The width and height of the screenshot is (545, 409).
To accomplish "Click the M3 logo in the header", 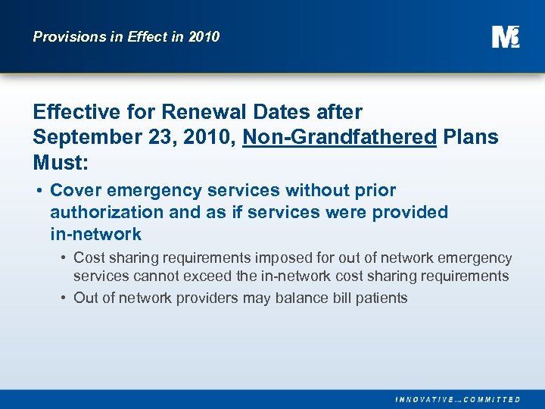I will tap(505, 36).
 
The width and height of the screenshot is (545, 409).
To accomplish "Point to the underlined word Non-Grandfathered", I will tap(339, 138).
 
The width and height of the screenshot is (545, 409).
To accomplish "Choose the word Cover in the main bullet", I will tap(74, 191).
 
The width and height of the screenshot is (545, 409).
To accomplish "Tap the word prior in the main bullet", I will tap(375, 191).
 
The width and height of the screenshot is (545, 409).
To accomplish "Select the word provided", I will tap(410, 212).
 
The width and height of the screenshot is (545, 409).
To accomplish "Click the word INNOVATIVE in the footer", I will tap(425, 399).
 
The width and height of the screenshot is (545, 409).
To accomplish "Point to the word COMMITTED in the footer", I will tap(493, 399).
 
